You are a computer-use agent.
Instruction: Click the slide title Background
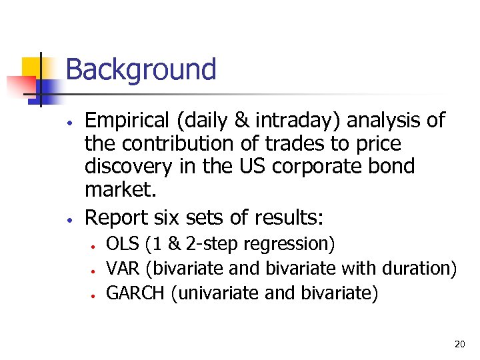[x=141, y=69]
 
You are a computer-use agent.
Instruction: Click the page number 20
[x=459, y=344]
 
